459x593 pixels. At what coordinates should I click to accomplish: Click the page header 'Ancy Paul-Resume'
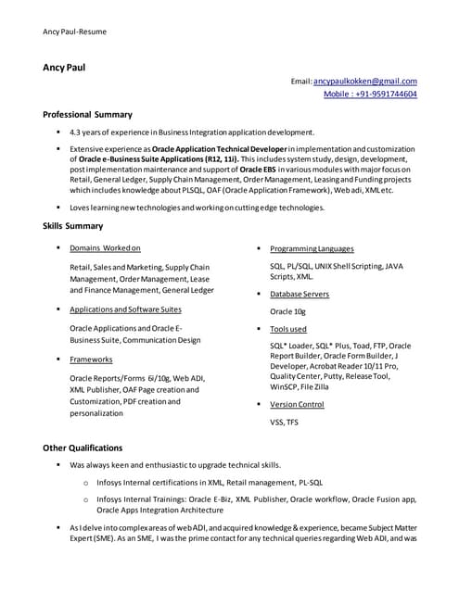click(74, 32)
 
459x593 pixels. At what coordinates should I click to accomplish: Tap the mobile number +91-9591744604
click(370, 95)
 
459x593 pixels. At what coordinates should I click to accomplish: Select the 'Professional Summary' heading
click(87, 115)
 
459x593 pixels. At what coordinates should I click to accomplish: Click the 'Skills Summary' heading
click(73, 226)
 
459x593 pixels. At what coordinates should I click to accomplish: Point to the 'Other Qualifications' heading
click(83, 448)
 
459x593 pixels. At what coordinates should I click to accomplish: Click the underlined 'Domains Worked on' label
click(105, 248)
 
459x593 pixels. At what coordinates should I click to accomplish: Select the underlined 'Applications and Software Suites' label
click(125, 309)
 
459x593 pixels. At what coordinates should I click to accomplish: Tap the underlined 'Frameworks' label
click(91, 359)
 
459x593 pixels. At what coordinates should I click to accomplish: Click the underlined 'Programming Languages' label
click(312, 248)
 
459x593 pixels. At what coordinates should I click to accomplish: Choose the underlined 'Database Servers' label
click(299, 294)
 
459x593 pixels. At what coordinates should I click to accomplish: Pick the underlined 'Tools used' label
click(287, 329)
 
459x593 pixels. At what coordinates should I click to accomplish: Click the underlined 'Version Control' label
click(297, 404)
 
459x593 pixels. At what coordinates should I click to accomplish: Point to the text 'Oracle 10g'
click(287, 311)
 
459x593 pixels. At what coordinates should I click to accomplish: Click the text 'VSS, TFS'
click(284, 422)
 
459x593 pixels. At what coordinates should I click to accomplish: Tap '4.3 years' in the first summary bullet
click(88, 132)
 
